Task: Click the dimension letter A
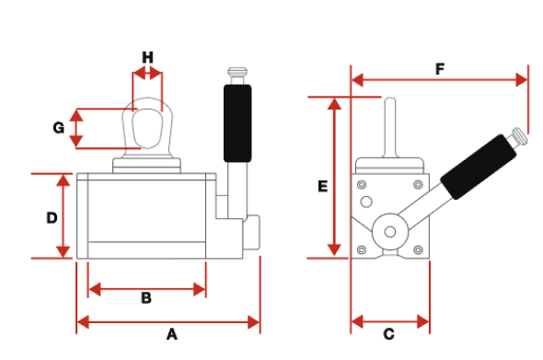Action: [172, 334]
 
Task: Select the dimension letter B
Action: [146, 298]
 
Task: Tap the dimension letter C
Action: [389, 334]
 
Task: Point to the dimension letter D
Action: [52, 217]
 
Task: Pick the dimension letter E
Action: [322, 186]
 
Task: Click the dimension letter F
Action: [440, 69]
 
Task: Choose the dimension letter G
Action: [59, 127]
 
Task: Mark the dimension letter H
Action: [148, 57]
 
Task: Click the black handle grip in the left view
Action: [237, 123]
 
